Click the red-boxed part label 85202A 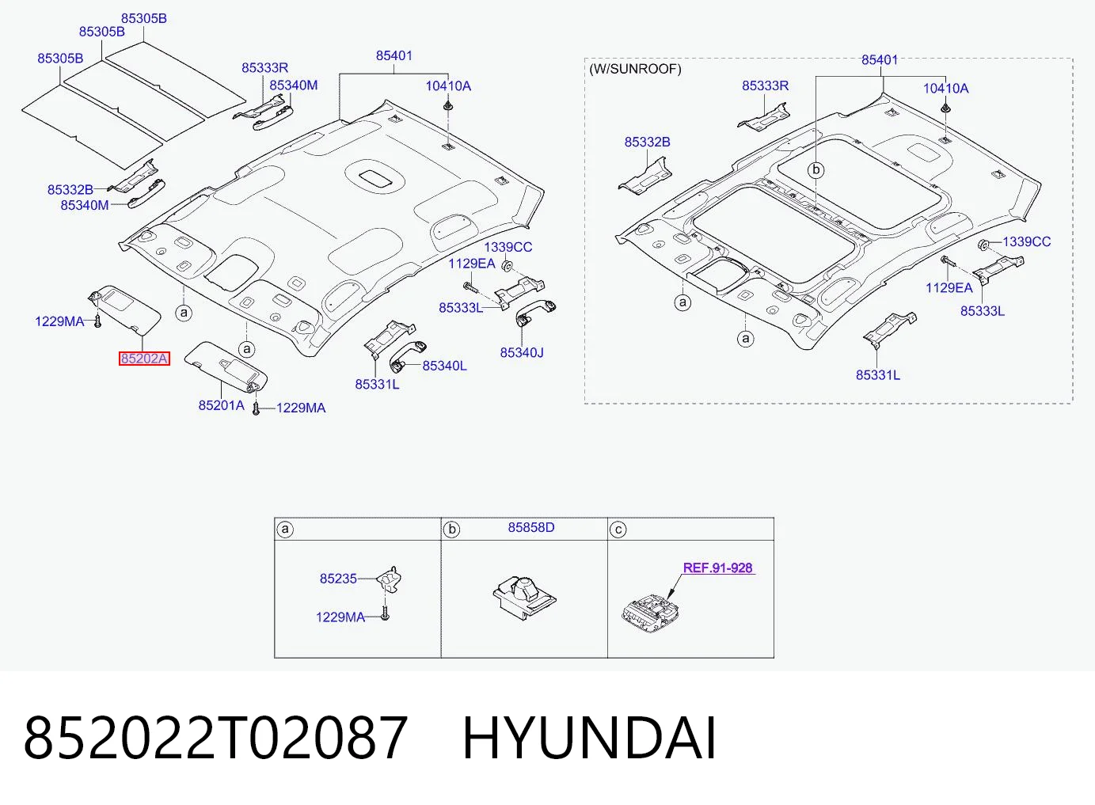(144, 359)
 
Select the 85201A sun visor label (222, 405)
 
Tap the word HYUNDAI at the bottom (589, 738)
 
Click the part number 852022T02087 (215, 738)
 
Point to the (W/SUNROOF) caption (635, 69)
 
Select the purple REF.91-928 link (717, 568)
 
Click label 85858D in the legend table (531, 527)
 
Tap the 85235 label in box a (338, 578)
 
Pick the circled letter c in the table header (618, 530)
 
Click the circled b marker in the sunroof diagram (816, 170)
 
